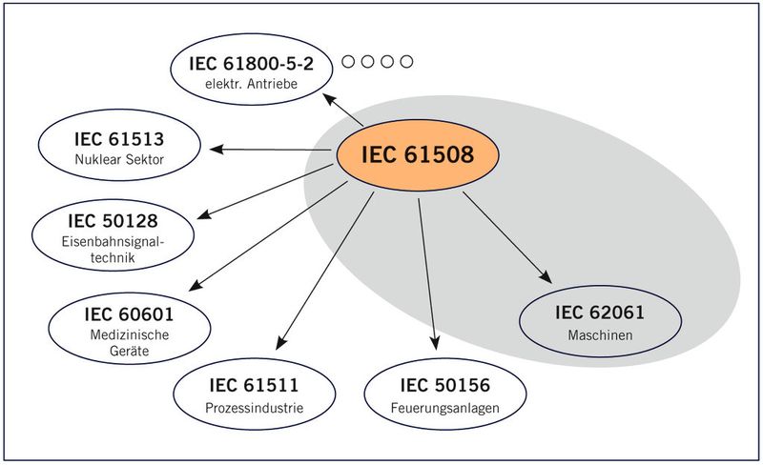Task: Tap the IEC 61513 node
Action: pos(119,149)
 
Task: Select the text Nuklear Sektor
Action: pos(119,159)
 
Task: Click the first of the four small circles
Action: pos(349,63)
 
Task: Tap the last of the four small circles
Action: pos(406,63)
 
